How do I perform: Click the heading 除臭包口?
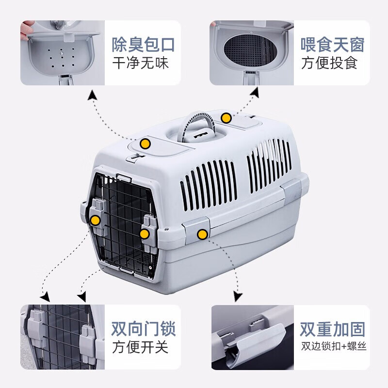143,45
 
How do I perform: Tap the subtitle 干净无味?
141,63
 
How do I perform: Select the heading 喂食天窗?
333,45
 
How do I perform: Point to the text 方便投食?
329,63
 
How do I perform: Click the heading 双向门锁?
143,329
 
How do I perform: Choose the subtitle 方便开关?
140,347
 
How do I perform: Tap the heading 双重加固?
333,329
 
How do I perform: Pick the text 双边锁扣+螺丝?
334,346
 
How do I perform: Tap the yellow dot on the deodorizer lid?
145,144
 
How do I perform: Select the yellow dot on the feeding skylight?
226,118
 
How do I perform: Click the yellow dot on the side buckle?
202,234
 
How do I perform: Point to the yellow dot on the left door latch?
95,220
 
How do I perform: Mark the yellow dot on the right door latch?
144,234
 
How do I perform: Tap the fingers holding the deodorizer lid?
26,30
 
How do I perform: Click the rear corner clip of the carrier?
293,191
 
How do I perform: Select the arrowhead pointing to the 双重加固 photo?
238,296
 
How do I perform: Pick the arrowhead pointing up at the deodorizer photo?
92,96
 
